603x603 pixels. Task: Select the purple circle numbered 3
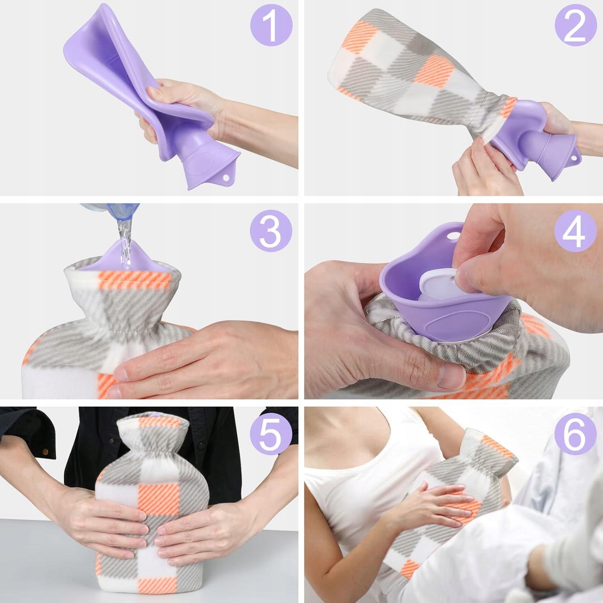(271, 233)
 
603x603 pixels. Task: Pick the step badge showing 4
(575, 233)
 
